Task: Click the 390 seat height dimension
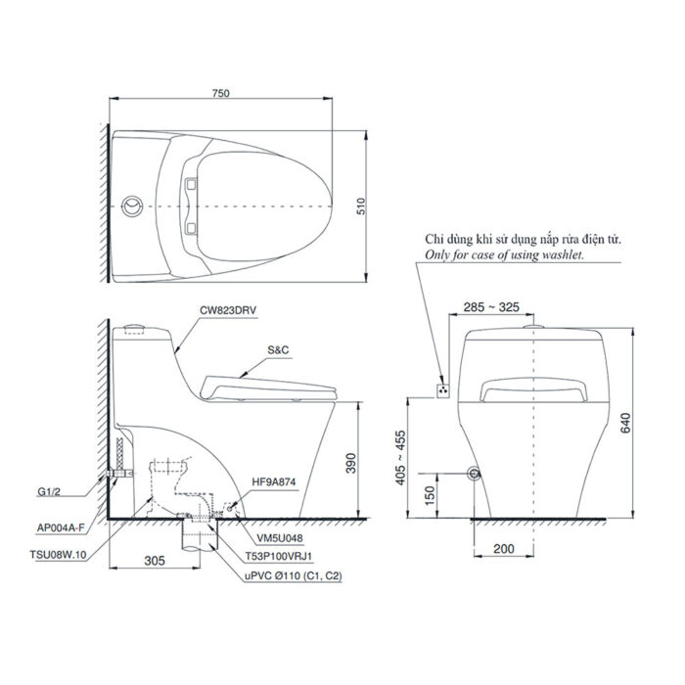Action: pyautogui.click(x=365, y=462)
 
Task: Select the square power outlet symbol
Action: pyautogui.click(x=443, y=390)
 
